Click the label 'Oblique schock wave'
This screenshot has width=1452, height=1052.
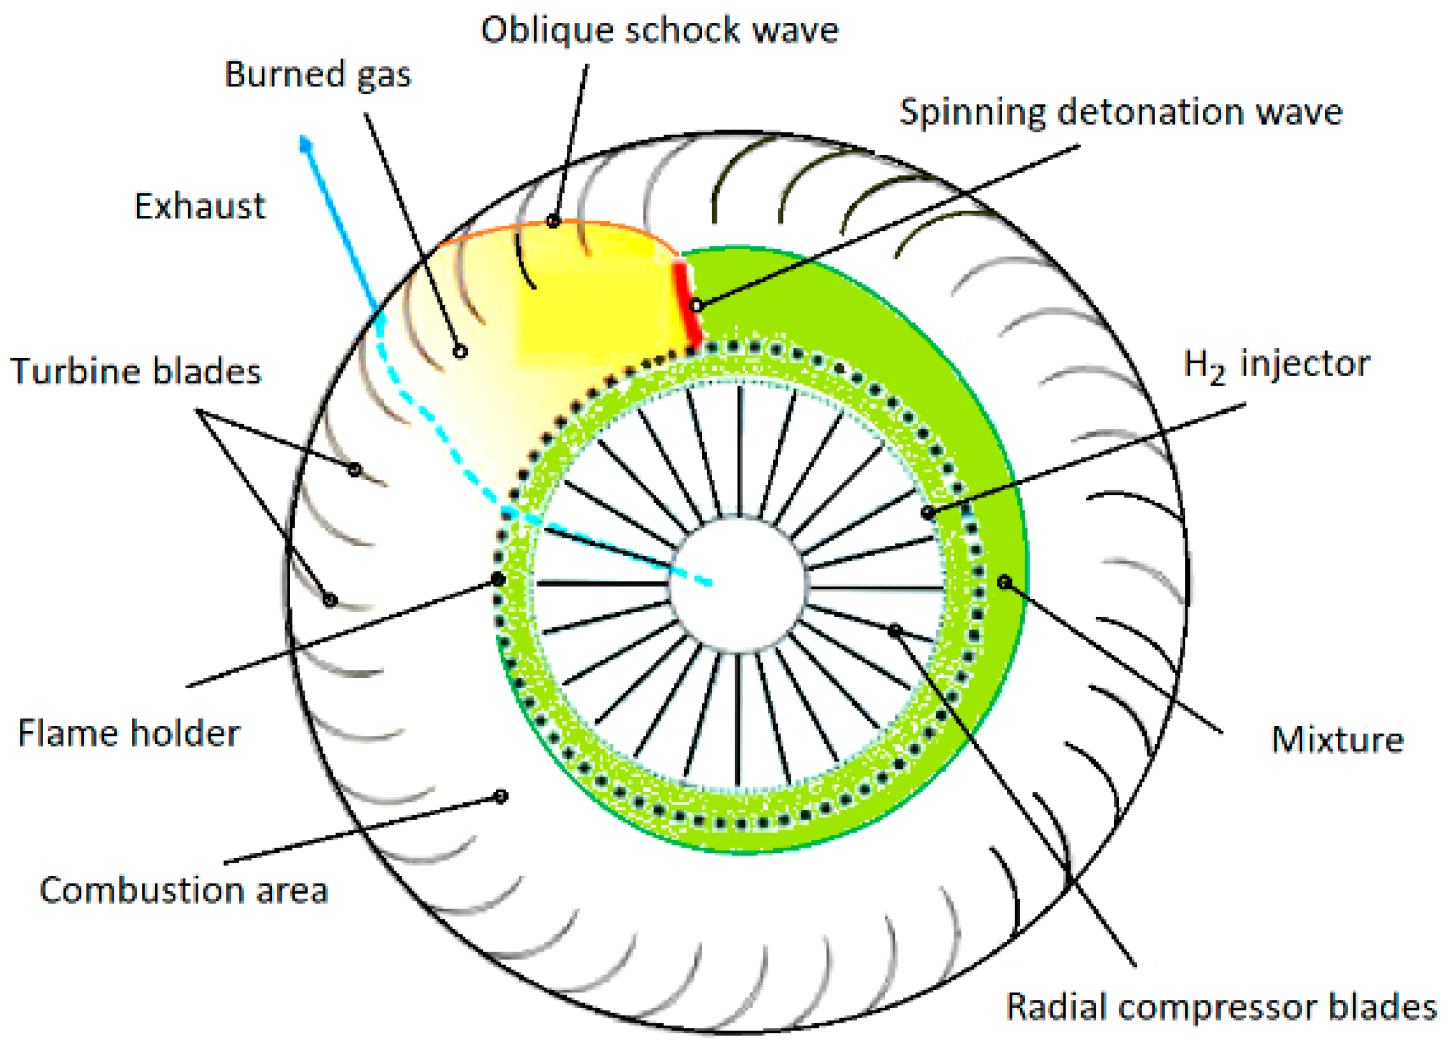click(x=659, y=31)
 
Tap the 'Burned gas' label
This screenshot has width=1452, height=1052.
click(x=317, y=75)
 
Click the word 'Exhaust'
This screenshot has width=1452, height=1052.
click(x=200, y=206)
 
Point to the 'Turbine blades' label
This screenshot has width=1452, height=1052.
click(x=135, y=371)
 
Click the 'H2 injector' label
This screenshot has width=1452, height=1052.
click(x=1276, y=365)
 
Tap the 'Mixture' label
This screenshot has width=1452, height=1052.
click(x=1337, y=740)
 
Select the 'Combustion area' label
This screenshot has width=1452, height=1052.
click(x=184, y=891)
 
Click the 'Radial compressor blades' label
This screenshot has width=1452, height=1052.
click(x=1221, y=1007)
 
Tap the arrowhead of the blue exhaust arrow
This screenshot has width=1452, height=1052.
click(x=306, y=143)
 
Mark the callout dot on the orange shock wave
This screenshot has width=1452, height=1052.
click(x=553, y=222)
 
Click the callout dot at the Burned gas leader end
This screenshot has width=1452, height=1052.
click(x=460, y=351)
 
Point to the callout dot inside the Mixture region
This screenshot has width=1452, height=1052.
click(x=1004, y=582)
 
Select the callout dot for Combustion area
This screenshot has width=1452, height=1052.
click(x=501, y=796)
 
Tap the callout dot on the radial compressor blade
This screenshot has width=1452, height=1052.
click(x=894, y=631)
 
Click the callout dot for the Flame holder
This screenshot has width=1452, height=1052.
click(x=498, y=580)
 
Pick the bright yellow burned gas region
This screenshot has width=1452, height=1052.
click(x=595, y=301)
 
